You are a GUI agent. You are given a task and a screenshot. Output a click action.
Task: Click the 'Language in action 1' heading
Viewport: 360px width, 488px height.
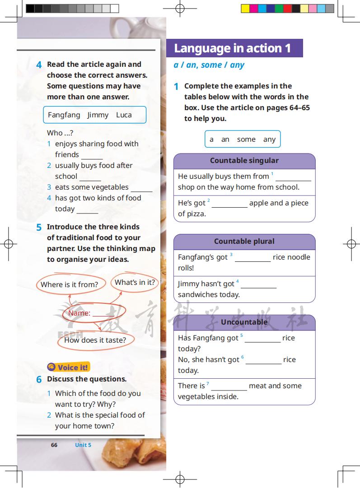click(x=233, y=48)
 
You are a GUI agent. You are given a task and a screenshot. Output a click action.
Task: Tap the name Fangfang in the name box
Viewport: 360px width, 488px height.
click(x=64, y=115)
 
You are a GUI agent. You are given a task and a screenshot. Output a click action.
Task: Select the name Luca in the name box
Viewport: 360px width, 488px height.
click(x=124, y=115)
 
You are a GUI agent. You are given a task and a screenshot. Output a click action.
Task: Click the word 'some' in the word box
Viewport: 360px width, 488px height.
click(x=246, y=139)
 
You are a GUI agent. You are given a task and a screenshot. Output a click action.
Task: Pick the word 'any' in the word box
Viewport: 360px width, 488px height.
click(x=269, y=139)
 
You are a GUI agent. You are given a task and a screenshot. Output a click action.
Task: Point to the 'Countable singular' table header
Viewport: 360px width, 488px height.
click(x=244, y=161)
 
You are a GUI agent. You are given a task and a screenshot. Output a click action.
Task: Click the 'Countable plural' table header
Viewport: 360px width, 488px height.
click(x=244, y=242)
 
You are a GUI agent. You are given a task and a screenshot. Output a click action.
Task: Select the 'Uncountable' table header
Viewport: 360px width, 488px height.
click(x=244, y=322)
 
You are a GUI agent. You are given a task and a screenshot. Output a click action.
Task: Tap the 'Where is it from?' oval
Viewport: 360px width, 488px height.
click(x=70, y=284)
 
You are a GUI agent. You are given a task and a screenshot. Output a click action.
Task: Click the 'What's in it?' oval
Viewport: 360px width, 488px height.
click(x=135, y=283)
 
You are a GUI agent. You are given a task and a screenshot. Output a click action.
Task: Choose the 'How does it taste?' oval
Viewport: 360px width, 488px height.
click(x=95, y=340)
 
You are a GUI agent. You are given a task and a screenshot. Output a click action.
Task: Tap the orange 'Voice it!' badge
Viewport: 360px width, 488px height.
click(x=69, y=367)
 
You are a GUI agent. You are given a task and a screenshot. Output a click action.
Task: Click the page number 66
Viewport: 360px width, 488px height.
click(x=54, y=445)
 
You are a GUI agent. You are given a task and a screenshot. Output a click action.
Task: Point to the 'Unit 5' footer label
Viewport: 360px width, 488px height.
click(x=83, y=445)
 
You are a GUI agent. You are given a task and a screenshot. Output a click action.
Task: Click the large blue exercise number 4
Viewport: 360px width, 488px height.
click(x=39, y=65)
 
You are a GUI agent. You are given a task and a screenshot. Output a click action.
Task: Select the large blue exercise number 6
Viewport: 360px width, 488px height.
click(x=39, y=380)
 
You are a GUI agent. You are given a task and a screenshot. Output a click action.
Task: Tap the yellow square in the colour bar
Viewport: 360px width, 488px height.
click(x=245, y=8)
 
